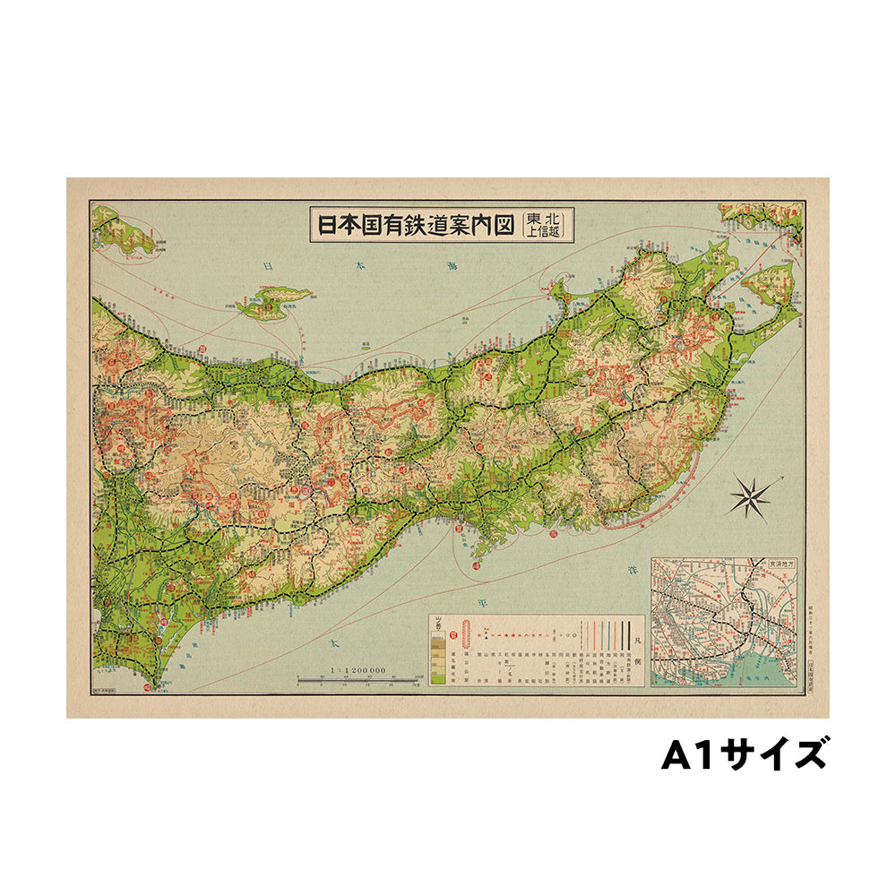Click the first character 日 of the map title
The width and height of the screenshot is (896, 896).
(325, 223)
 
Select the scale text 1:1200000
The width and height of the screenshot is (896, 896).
(358, 669)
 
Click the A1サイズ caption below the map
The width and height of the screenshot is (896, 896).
(744, 754)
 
